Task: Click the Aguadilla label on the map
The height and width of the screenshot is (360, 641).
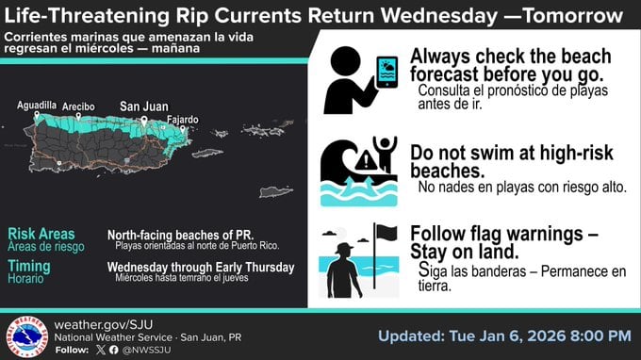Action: point(37,106)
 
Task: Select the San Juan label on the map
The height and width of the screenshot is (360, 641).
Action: point(143,106)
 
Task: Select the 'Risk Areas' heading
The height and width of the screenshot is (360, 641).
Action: point(41,234)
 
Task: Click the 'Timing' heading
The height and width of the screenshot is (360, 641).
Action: point(29,267)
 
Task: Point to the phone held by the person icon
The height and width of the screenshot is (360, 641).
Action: point(386,72)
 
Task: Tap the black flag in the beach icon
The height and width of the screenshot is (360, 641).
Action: point(386,232)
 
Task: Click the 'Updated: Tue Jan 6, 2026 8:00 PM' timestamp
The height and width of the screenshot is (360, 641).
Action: point(504,335)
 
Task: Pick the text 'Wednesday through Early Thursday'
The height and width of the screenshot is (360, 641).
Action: point(201,268)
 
